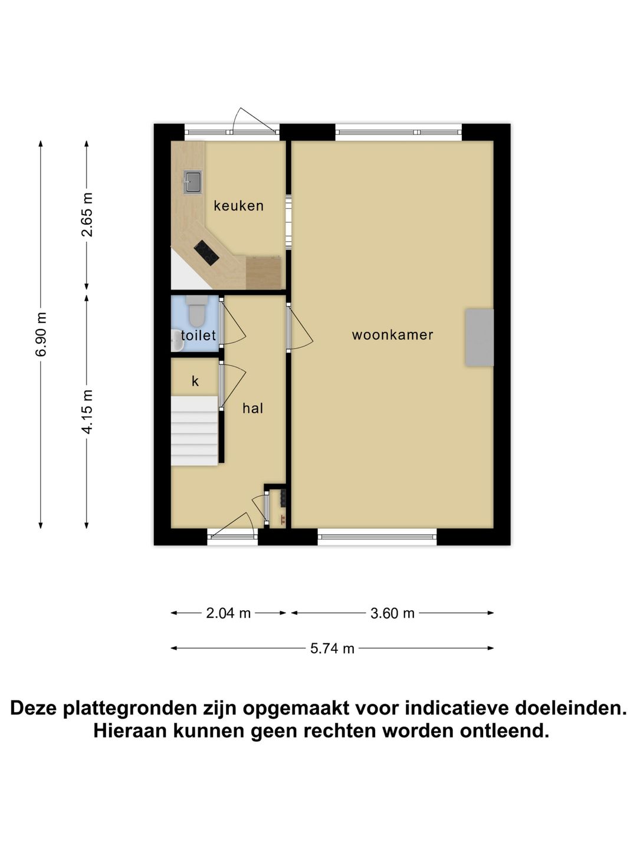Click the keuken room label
tap(238, 206)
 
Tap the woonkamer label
tap(392, 335)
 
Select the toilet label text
tap(198, 335)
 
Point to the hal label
tap(252, 408)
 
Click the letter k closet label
tap(195, 381)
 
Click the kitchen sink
tap(192, 182)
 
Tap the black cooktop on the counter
tap(206, 253)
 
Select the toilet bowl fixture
tap(195, 311)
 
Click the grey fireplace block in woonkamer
tap(479, 337)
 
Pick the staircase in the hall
tap(195, 430)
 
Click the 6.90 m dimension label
tap(41, 334)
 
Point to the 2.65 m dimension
tap(87, 215)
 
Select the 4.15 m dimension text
tap(87, 412)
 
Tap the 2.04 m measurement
tap(228, 613)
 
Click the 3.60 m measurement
tap(392, 613)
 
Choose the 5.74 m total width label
tap(332, 649)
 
